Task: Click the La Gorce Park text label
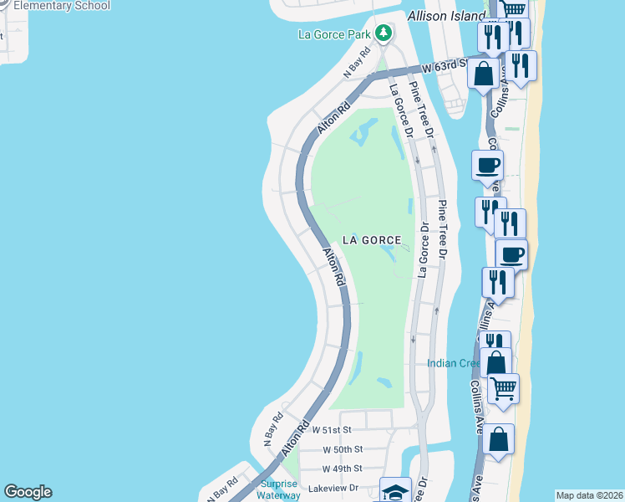coord(335,34)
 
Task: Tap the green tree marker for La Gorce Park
coord(383,33)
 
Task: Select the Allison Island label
coord(447,16)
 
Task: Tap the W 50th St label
coord(342,449)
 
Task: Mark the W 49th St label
coord(342,469)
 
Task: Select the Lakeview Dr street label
coord(333,488)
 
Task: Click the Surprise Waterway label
coord(279,489)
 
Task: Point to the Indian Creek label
coord(453,363)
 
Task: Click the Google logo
coord(28,492)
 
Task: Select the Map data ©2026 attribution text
coord(589,495)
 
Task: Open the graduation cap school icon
coord(394,490)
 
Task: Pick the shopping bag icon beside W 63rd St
coord(484,73)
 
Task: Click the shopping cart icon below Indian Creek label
coord(503,387)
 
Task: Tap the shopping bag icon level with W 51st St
coord(498,440)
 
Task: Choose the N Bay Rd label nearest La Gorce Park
coord(356,70)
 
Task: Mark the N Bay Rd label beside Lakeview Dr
coord(224,489)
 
